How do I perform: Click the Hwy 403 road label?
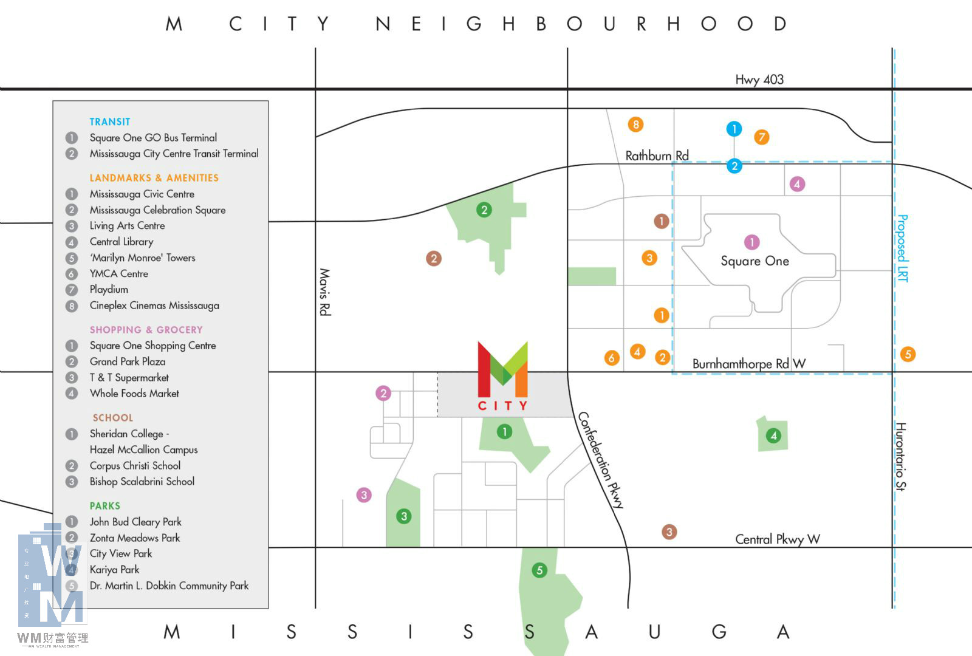[759, 80]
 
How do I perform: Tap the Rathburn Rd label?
[657, 155]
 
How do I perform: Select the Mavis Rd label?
[325, 292]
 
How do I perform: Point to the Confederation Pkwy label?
[600, 460]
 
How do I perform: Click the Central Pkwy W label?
[777, 539]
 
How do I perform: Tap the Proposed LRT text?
[903, 248]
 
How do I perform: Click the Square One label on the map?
[755, 261]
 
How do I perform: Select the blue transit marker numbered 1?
[734, 129]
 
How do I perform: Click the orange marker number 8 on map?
[635, 125]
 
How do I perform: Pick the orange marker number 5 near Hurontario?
[908, 354]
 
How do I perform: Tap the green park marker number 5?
[539, 570]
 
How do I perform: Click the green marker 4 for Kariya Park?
[773, 436]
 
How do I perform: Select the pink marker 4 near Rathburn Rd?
[797, 183]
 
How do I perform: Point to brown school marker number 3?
[669, 532]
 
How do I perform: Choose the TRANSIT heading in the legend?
[110, 122]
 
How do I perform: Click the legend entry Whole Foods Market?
[134, 394]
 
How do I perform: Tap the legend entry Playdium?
[109, 290]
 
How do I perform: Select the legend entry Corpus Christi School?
[135, 466]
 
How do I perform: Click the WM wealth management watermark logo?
[52, 583]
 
